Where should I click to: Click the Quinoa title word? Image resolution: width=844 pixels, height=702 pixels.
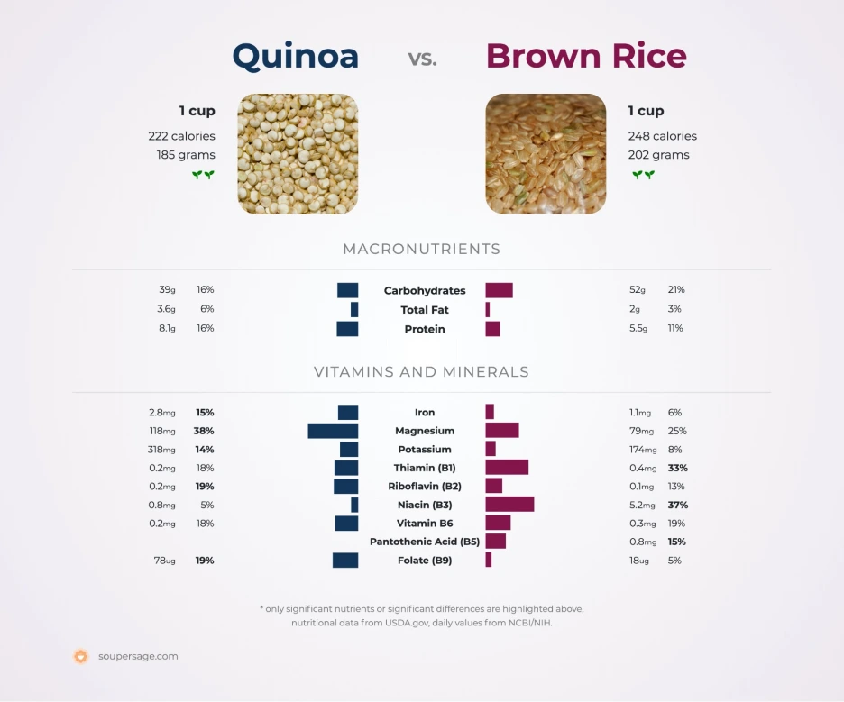click(295, 56)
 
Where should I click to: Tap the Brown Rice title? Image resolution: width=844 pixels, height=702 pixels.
click(586, 56)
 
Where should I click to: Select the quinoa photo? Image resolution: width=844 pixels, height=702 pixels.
click(298, 154)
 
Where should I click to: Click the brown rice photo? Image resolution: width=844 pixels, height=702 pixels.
click(546, 154)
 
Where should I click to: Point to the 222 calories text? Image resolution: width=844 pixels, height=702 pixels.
click(181, 136)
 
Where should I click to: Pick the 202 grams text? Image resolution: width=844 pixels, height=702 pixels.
click(658, 155)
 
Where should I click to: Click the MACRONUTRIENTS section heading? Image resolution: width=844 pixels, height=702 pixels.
click(421, 250)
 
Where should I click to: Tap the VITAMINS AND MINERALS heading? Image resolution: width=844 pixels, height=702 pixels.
click(421, 372)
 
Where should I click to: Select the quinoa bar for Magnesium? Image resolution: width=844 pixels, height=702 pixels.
click(333, 431)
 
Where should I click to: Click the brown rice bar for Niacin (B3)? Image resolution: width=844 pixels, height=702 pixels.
click(509, 505)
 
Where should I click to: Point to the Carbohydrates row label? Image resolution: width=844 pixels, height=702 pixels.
click(425, 291)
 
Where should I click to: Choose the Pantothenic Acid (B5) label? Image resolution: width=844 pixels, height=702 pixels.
click(425, 542)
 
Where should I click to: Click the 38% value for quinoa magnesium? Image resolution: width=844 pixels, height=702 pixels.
click(204, 431)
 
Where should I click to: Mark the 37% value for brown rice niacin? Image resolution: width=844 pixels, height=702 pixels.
click(677, 505)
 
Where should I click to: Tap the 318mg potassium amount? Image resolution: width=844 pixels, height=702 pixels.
click(162, 450)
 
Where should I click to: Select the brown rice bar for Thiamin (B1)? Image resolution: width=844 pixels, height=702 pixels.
click(507, 468)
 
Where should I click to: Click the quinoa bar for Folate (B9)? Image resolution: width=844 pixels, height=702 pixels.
click(345, 561)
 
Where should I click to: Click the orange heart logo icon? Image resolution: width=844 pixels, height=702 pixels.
click(81, 657)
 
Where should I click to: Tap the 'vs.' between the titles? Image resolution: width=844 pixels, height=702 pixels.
click(422, 59)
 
